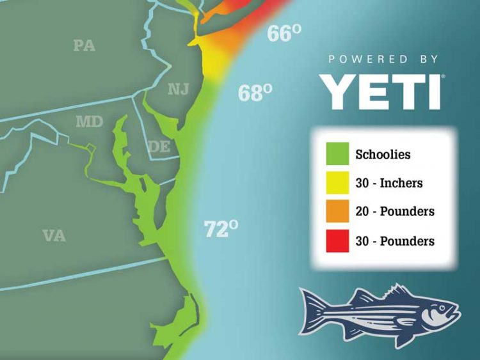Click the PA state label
coord(84,45)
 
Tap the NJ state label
coord(179,89)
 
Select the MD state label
coord(89,121)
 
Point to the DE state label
coord(159,146)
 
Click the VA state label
coord(54,235)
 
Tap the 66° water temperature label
coord(284,33)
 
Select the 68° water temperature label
coord(255,93)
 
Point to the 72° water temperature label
coord(221,228)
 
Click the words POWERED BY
coord(383,59)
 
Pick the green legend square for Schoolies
coord(337,154)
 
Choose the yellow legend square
coord(337,183)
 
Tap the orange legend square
coord(337,212)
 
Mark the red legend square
coord(337,241)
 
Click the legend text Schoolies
coord(383,155)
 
